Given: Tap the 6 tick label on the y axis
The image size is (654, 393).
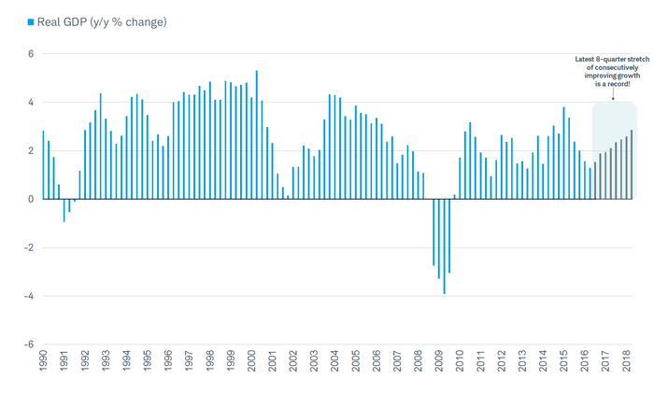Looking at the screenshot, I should pyautogui.click(x=30, y=54).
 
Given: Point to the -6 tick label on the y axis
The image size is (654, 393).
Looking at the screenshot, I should pyautogui.click(x=28, y=344).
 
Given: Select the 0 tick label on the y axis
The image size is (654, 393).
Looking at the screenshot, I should pyautogui.click(x=30, y=199).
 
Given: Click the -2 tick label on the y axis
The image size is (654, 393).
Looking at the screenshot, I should pyautogui.click(x=28, y=247).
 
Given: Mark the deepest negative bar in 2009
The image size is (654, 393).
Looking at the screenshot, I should pyautogui.click(x=444, y=246).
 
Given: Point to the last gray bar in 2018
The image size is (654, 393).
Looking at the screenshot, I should pyautogui.click(x=632, y=164).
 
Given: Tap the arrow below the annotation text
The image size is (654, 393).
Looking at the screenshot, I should pyautogui.click(x=613, y=94).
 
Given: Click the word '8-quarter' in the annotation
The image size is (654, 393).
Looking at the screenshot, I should pyautogui.click(x=606, y=60).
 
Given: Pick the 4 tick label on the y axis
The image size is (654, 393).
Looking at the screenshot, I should pyautogui.click(x=30, y=103).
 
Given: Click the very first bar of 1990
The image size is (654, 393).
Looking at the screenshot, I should pyautogui.click(x=43, y=165).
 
